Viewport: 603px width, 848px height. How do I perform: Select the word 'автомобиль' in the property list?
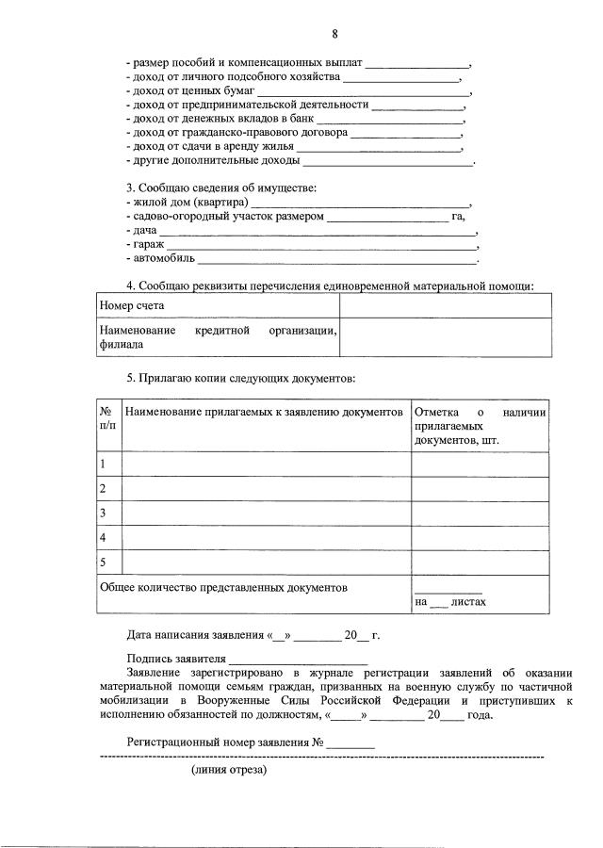(159, 258)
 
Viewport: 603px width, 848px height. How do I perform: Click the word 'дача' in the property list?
(140, 230)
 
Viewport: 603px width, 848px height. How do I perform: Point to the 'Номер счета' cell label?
(132, 305)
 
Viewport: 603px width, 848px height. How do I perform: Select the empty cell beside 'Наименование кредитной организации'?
(445, 337)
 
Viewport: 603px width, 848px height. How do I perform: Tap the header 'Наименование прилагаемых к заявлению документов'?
(264, 413)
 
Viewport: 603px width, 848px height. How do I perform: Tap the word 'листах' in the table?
(468, 602)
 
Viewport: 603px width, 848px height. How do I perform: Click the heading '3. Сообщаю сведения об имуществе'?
(221, 188)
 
